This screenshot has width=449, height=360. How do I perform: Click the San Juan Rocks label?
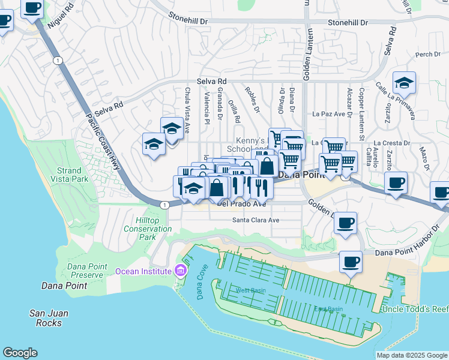tap(49, 318)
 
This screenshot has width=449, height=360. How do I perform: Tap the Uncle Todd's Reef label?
tap(414, 309)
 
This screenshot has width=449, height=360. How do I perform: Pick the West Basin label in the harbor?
tap(250, 291)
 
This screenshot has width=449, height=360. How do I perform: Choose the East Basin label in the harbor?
tap(328, 309)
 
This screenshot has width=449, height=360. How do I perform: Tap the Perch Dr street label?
tap(427, 55)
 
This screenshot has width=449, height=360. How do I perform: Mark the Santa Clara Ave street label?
tap(256, 220)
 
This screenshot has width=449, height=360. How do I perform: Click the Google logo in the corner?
tap(20, 353)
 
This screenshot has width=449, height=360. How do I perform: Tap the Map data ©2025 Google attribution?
tap(411, 355)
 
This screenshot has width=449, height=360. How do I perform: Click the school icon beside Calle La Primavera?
tap(405, 83)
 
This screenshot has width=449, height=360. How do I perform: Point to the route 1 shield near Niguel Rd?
tap(57, 61)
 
